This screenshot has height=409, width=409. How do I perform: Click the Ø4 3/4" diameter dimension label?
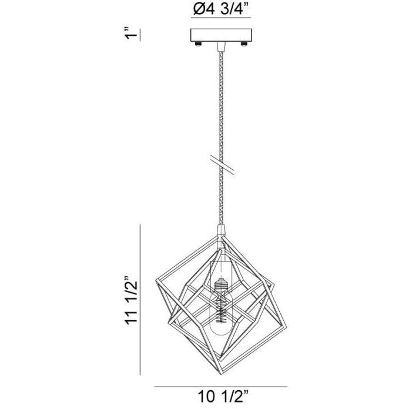(220, 9)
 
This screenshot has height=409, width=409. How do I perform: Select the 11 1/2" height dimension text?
(131, 300)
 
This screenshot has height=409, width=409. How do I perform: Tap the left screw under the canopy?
(199, 44)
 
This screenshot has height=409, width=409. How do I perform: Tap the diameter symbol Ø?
(197, 9)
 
